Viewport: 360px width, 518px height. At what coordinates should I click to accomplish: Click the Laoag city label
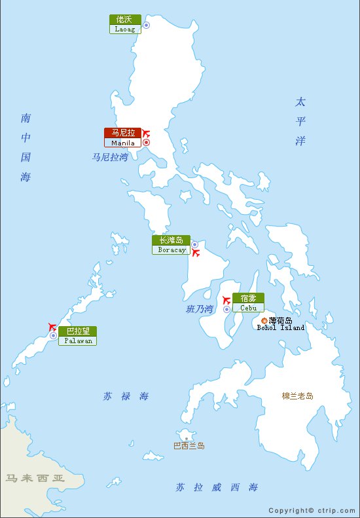click(125, 24)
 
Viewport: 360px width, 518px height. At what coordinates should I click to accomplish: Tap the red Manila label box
click(123, 138)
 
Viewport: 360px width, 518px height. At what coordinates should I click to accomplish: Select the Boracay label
click(171, 245)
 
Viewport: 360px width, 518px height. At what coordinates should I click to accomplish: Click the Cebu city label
click(248, 303)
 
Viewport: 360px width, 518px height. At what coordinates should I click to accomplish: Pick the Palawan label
click(77, 336)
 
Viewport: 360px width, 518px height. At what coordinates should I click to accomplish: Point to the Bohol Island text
click(280, 324)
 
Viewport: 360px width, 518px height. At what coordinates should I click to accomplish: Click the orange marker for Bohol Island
click(264, 320)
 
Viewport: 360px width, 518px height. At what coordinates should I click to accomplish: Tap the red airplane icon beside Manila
click(146, 133)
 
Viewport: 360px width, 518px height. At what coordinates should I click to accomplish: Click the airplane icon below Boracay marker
click(195, 253)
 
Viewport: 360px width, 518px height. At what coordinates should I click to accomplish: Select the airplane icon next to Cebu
click(226, 301)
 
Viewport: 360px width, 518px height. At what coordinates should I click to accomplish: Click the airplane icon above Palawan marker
click(52, 326)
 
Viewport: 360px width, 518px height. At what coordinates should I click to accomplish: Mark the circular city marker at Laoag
click(147, 25)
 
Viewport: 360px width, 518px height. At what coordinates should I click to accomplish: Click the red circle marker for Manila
click(147, 142)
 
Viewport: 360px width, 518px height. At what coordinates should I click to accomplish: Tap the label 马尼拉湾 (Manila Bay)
click(109, 157)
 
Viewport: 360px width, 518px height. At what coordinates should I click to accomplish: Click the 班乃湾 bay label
click(200, 309)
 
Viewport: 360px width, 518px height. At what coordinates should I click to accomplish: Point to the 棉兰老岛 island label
click(297, 396)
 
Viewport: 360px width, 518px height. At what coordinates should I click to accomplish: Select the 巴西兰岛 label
click(189, 446)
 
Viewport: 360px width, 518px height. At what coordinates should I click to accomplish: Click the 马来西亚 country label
click(35, 479)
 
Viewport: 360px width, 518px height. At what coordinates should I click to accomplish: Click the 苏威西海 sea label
click(216, 487)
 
